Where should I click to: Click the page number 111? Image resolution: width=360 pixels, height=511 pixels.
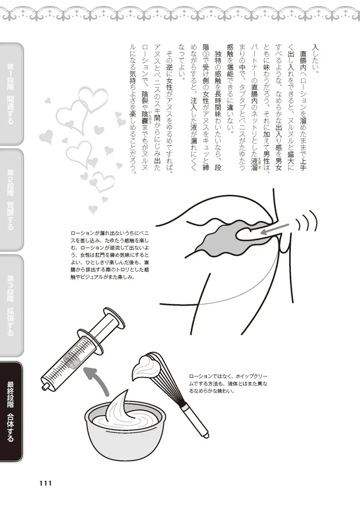click(x=45, y=483)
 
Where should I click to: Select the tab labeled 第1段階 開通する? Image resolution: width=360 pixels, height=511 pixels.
click(x=11, y=94)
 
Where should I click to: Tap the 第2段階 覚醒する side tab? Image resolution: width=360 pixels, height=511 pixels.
click(x=11, y=199)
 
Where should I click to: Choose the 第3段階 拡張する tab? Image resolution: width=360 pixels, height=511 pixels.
click(x=11, y=305)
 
